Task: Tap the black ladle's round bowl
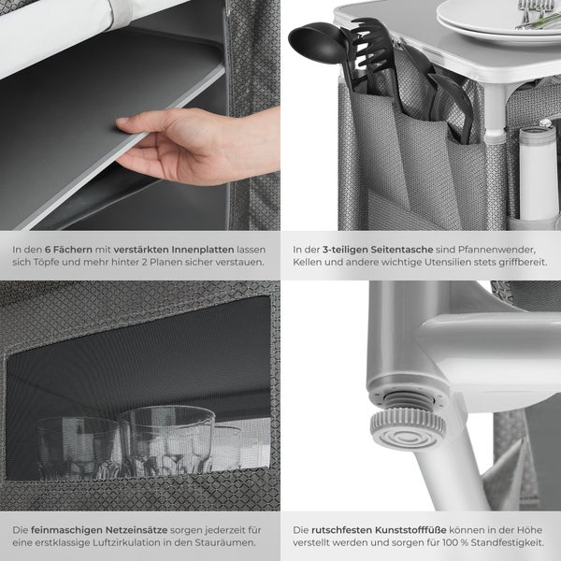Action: tap(313, 44)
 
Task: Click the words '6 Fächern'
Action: tap(68, 250)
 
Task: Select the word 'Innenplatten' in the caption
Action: tap(203, 250)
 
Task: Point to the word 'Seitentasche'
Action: tap(402, 250)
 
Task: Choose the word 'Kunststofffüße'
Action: tap(410, 530)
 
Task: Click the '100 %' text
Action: tap(454, 542)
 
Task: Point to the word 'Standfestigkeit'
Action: tap(508, 542)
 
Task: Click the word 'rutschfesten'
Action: tap(341, 530)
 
